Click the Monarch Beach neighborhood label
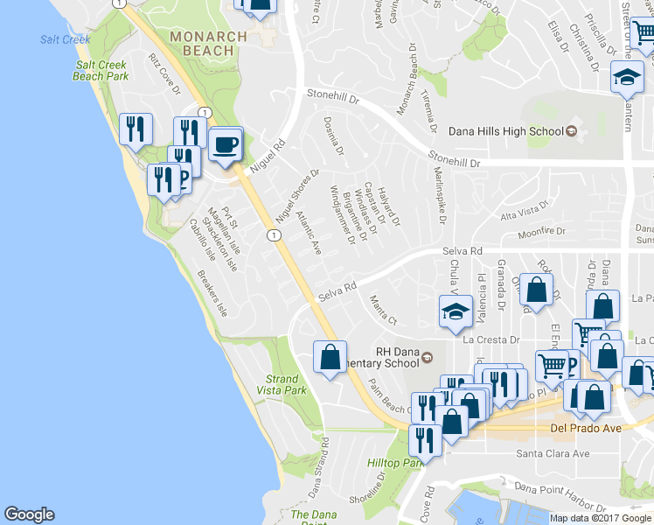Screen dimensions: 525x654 coord(202,44)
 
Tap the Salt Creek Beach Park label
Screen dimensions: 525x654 coord(101,71)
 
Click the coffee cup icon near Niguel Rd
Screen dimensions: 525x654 coord(226,144)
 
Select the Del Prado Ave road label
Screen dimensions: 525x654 coord(585,429)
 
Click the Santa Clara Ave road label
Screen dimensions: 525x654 coord(553,453)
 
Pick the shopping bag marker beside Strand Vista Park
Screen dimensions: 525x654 coord(330,357)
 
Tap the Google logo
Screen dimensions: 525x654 coord(29,514)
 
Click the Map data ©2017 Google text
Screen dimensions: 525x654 coord(602,518)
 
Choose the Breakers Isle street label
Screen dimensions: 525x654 coord(212,297)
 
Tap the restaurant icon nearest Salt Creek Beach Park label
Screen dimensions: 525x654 coord(135,129)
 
